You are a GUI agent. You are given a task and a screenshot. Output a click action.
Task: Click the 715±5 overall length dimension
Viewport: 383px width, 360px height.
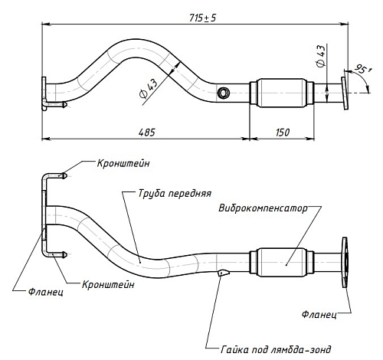(x=203, y=18)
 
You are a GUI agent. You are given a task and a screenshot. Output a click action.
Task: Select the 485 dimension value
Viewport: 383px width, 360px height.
(x=147, y=133)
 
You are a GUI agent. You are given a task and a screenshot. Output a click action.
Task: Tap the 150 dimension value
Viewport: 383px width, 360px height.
(x=283, y=133)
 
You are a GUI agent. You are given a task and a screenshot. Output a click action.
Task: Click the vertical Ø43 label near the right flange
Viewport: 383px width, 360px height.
(x=321, y=56)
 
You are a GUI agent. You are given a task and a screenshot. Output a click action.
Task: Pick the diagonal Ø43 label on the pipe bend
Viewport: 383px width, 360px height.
(x=149, y=88)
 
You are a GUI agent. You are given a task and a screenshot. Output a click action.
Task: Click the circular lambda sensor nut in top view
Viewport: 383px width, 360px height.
(x=223, y=93)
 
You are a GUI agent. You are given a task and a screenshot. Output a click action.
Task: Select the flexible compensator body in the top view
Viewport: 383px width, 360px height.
(x=282, y=93)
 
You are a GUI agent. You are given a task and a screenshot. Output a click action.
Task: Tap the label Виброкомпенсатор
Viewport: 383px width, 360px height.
(x=264, y=208)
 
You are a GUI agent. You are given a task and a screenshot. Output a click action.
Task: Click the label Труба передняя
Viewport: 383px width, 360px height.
(x=175, y=194)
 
